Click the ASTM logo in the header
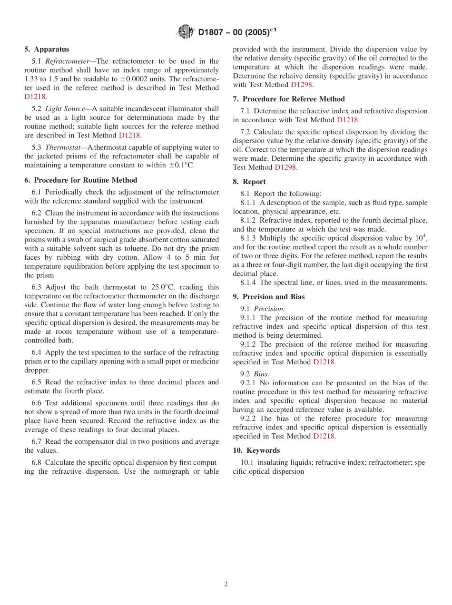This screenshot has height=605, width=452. click(x=186, y=32)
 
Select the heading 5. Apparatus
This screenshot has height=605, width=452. click(x=47, y=49)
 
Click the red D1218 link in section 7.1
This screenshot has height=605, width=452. click(x=348, y=120)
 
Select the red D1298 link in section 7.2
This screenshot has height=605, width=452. click(x=286, y=167)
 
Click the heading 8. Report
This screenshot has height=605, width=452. click(x=249, y=182)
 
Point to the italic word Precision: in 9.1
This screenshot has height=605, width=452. click(x=269, y=309)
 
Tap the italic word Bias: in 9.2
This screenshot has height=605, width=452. click(x=262, y=374)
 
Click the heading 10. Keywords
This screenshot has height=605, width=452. click(x=256, y=450)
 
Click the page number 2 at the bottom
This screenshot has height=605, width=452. click(x=226, y=584)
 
